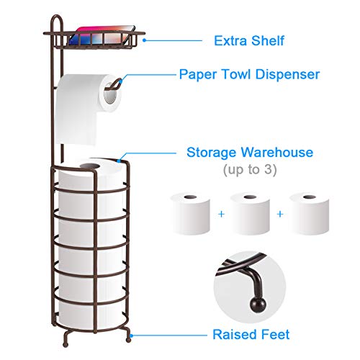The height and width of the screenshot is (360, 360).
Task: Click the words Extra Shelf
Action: (249, 40)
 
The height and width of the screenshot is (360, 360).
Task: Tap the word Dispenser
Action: (287, 74)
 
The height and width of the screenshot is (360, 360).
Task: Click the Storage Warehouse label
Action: (250, 153)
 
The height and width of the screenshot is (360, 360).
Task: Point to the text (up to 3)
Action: (250, 170)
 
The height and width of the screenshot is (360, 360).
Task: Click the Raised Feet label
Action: (251, 334)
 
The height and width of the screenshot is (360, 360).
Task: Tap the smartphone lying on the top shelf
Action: (102, 35)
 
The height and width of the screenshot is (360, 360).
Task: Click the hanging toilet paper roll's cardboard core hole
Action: (110, 94)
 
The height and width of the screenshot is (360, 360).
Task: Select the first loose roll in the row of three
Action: (191, 213)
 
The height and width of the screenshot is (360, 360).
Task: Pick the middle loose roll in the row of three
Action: (250, 213)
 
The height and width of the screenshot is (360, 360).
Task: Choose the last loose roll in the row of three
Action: (309, 213)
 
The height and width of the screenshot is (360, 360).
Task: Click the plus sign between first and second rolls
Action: (221, 214)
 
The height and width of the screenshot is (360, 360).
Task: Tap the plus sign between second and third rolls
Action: (280, 214)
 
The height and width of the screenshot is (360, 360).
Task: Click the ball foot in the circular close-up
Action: (258, 305)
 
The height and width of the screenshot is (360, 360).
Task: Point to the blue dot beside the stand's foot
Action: (131, 336)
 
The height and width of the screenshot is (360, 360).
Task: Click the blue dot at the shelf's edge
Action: (144, 40)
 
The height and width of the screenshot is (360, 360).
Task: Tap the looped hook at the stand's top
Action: (57, 20)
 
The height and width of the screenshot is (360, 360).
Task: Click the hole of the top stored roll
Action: (89, 166)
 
